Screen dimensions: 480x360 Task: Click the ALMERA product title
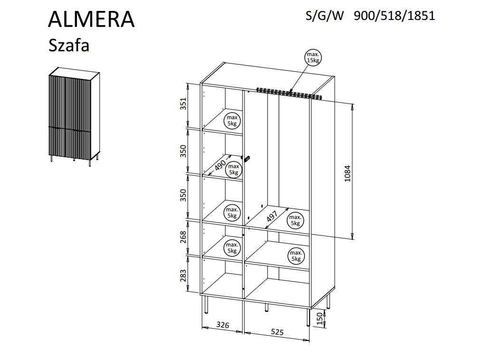[91, 19]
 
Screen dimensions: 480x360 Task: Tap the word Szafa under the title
[69, 45]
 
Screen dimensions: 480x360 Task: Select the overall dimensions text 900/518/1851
[394, 16]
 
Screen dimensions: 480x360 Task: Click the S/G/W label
[324, 16]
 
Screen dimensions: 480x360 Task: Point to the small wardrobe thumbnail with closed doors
[74, 117]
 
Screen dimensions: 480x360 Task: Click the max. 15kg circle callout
[313, 57]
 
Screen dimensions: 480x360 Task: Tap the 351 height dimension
[183, 104]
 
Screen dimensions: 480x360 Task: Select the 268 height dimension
[183, 237]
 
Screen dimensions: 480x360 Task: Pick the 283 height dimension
[183, 275]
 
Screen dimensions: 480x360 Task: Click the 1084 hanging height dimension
[347, 173]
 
